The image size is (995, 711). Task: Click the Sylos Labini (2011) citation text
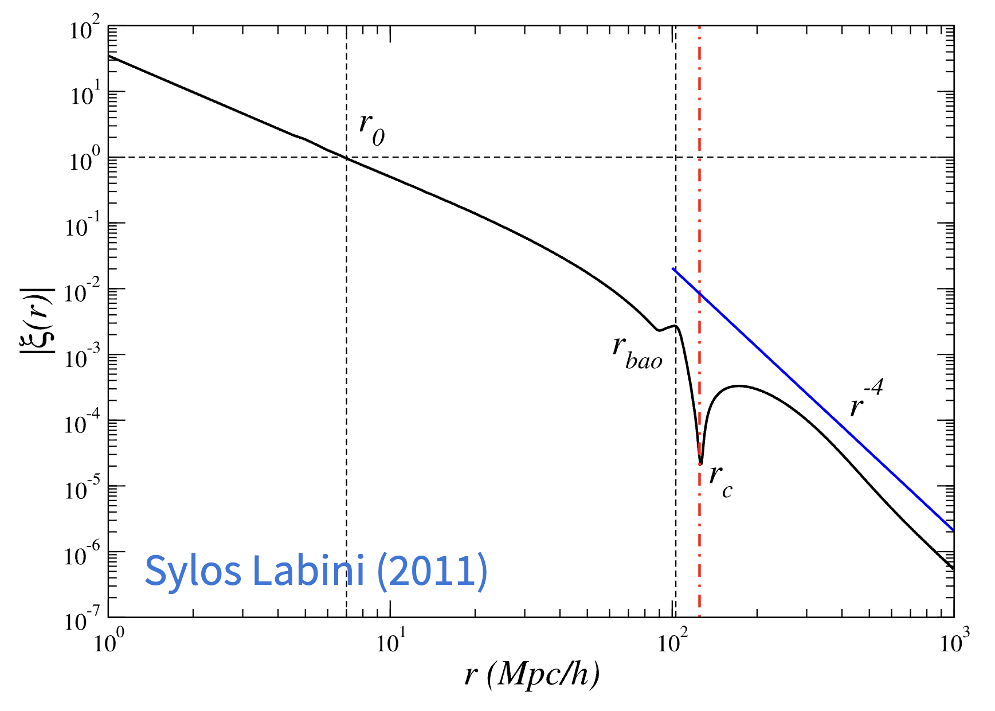(x=316, y=571)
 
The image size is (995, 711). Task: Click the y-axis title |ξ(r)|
(x=38, y=320)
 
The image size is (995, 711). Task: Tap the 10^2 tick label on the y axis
(x=84, y=29)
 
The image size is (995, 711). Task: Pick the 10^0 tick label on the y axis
(x=84, y=160)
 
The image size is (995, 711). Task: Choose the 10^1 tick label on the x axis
(x=391, y=642)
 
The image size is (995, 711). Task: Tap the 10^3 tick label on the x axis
(x=955, y=642)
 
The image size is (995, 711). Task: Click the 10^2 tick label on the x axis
(x=673, y=642)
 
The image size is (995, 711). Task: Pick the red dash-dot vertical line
(x=699, y=172)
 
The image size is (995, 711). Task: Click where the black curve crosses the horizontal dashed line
(x=346, y=157)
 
